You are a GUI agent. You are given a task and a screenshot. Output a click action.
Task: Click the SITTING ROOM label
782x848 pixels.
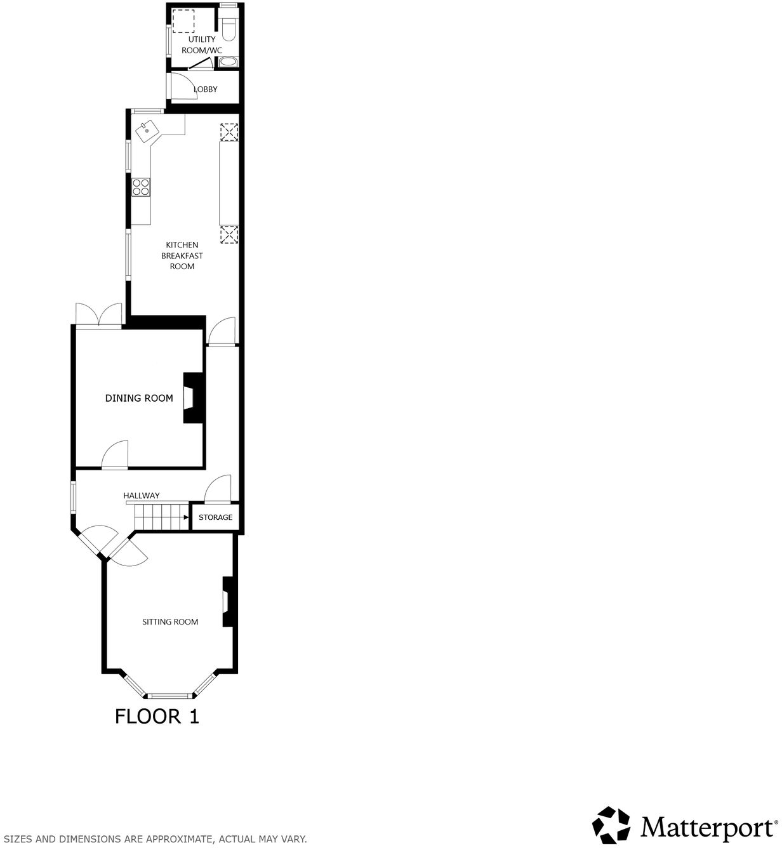170,622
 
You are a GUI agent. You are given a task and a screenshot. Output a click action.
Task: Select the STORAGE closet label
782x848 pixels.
215,517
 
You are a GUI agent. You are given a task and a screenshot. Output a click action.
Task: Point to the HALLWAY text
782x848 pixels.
142,496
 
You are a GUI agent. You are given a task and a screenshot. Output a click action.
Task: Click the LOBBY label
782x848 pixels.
205,89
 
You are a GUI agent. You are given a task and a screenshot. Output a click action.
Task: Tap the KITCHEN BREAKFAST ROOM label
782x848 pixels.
182,256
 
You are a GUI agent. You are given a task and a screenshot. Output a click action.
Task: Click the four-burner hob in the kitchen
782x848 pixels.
141,187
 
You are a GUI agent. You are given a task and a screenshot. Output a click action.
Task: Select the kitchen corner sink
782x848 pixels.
147,130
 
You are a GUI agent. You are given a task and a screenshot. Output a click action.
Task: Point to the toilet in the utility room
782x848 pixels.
229,25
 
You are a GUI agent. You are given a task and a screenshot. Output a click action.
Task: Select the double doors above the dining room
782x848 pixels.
98,315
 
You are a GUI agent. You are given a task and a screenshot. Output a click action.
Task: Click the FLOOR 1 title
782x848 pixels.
157,717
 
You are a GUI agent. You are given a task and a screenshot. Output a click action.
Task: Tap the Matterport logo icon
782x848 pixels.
611,826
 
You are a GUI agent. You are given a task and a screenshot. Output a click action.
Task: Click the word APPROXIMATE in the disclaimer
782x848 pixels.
177,839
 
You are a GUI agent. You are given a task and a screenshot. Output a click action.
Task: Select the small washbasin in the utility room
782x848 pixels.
227,62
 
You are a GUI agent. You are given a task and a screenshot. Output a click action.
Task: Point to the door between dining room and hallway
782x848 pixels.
115,455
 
